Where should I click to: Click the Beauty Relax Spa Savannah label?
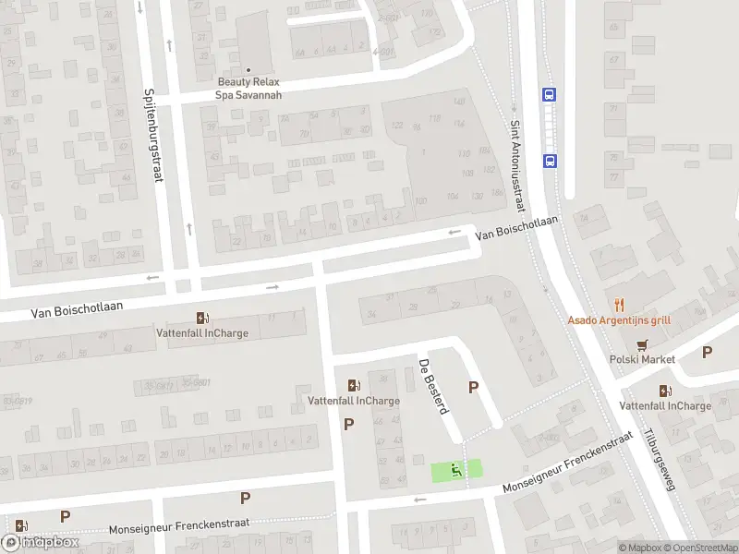[248, 88]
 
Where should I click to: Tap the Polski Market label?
[642, 359]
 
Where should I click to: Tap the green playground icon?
[455, 471]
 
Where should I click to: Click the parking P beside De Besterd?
[474, 388]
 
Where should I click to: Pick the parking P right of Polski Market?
[708, 352]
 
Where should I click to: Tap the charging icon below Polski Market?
[664, 391]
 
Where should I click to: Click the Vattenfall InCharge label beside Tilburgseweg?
[665, 405]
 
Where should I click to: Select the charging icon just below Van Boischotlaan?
[202, 318]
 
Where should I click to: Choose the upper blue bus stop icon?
[549, 93]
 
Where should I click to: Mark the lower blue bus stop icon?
[550, 160]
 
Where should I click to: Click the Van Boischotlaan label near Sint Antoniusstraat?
[517, 228]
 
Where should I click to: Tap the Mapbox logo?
[41, 542]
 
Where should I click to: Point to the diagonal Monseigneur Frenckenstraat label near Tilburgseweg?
[567, 462]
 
